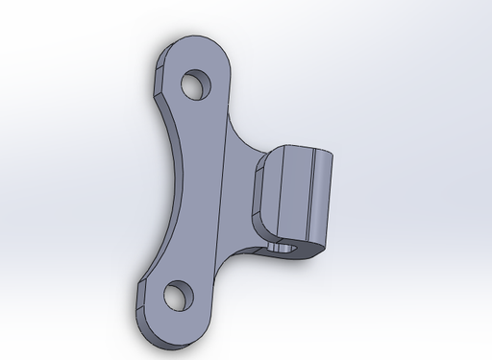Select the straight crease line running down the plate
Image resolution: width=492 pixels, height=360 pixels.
[222, 192]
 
